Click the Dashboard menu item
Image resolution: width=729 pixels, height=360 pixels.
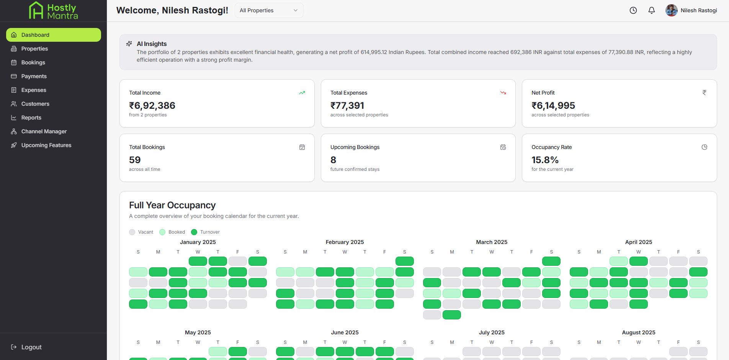54,35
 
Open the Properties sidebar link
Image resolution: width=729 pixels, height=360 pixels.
34,49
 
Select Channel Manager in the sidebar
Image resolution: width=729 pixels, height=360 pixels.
44,131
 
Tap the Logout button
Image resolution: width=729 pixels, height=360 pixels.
26,347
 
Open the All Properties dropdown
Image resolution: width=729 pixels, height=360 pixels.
269,10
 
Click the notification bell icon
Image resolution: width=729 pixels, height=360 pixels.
652,10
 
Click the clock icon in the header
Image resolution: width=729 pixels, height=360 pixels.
633,10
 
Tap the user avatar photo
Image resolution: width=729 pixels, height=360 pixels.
672,10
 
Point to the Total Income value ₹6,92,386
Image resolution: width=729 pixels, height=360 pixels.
152,105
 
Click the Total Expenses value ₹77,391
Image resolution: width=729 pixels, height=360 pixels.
347,105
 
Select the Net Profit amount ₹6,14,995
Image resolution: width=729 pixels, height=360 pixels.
553,105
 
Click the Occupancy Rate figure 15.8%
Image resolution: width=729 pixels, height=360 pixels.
545,160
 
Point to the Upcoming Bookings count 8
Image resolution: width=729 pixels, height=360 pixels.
333,160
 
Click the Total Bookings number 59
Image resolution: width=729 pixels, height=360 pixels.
135,160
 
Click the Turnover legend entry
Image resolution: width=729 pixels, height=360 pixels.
206,232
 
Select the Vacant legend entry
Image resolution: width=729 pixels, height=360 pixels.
141,232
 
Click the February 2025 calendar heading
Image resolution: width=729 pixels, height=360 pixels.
345,242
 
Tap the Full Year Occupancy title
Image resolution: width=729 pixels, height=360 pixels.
172,205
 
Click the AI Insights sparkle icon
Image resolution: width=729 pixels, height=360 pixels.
129,44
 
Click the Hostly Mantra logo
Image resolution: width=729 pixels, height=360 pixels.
54,11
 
